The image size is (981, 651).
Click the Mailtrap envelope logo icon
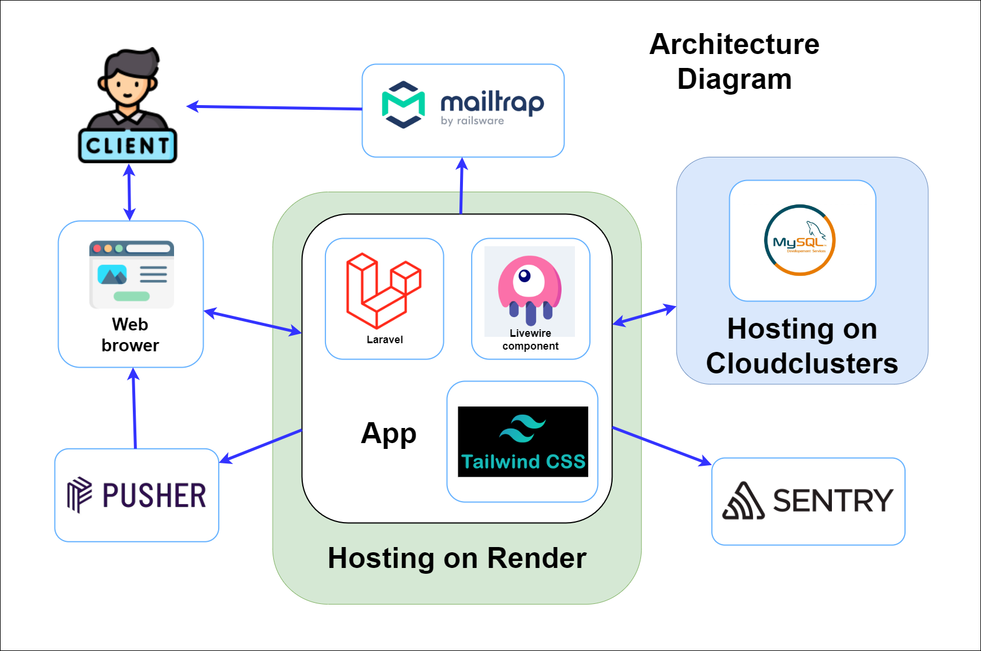coord(403,105)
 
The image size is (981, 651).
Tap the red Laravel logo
coord(383,290)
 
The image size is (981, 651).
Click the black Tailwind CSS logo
coord(523,442)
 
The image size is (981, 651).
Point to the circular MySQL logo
coord(800,240)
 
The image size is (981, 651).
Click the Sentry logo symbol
coord(743,501)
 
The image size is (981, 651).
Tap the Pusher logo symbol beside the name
coord(79,495)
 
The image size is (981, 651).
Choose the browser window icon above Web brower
coord(132,274)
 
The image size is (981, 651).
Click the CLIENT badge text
coord(128,146)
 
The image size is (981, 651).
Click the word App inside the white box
coord(389,434)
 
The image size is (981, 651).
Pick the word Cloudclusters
coord(802,364)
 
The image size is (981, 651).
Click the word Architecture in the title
coord(734,44)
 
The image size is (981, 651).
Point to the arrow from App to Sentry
coord(662,445)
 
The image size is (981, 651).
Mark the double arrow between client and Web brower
coord(129,192)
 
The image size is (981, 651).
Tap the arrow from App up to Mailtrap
coord(462,186)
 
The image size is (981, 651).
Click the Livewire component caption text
coord(530,340)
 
